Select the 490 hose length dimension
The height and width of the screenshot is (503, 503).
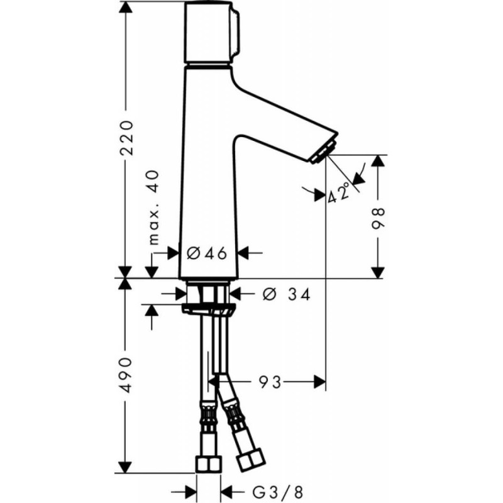click(x=126, y=375)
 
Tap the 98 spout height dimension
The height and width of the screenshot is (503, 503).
click(x=377, y=217)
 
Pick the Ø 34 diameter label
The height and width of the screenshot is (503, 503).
click(x=286, y=293)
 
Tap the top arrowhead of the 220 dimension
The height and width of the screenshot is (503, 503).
click(x=126, y=8)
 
